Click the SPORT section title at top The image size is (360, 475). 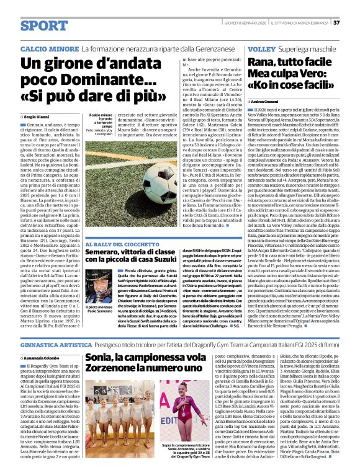click(44, 25)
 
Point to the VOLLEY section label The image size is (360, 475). click(261, 48)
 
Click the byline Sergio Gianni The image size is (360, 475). click(41, 116)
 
